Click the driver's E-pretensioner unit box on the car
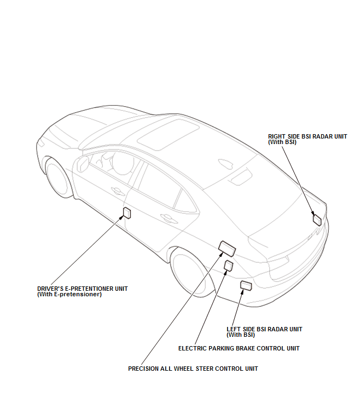pyautogui.click(x=127, y=212)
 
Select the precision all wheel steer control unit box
pyautogui.click(x=227, y=249)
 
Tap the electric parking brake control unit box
pyautogui.click(x=228, y=266)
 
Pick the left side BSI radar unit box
pyautogui.click(x=246, y=286)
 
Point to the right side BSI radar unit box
pyautogui.click(x=317, y=220)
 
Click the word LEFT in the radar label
pyautogui.click(x=234, y=329)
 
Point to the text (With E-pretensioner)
pyautogui.click(x=69, y=294)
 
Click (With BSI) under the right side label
pyautogui.click(x=282, y=142)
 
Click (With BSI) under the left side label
pyautogui.click(x=241, y=335)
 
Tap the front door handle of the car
pyautogui.click(x=118, y=191)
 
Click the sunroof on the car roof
pyautogui.click(x=169, y=134)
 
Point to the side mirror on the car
pyautogui.click(x=82, y=164)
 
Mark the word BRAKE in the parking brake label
pyautogui.click(x=245, y=348)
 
